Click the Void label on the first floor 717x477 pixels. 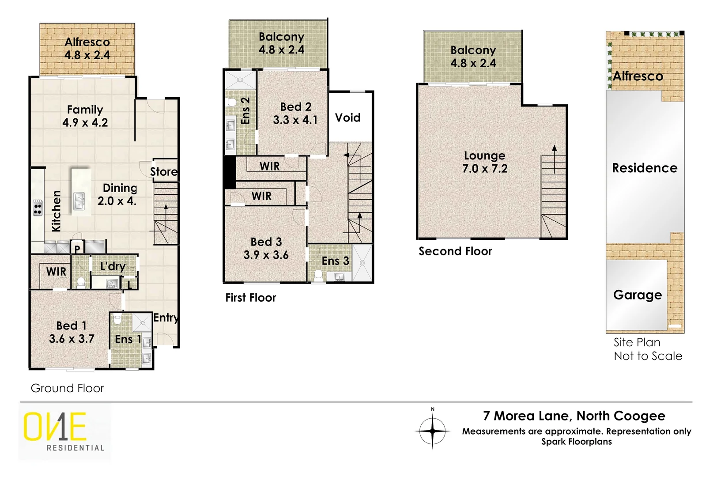tap(347, 118)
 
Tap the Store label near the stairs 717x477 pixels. tap(164, 172)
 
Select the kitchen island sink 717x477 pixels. tap(79, 201)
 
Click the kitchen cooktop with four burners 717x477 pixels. tap(38, 207)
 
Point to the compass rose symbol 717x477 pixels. tap(432, 430)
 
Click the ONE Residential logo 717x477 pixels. tap(64, 432)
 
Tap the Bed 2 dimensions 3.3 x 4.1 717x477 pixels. tap(295, 120)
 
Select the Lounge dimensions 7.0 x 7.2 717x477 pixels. tap(485, 169)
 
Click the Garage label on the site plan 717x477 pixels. tap(637, 295)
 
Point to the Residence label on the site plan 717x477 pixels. tap(645, 168)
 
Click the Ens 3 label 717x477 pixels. tap(335, 261)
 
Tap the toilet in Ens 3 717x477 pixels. tap(317, 274)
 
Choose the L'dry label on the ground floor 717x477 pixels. tap(113, 266)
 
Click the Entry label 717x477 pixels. tap(166, 318)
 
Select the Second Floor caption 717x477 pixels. tap(455, 251)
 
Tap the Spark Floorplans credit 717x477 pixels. tap(577, 442)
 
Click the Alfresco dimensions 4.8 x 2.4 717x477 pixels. tap(87, 55)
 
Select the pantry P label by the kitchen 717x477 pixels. tap(77, 249)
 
